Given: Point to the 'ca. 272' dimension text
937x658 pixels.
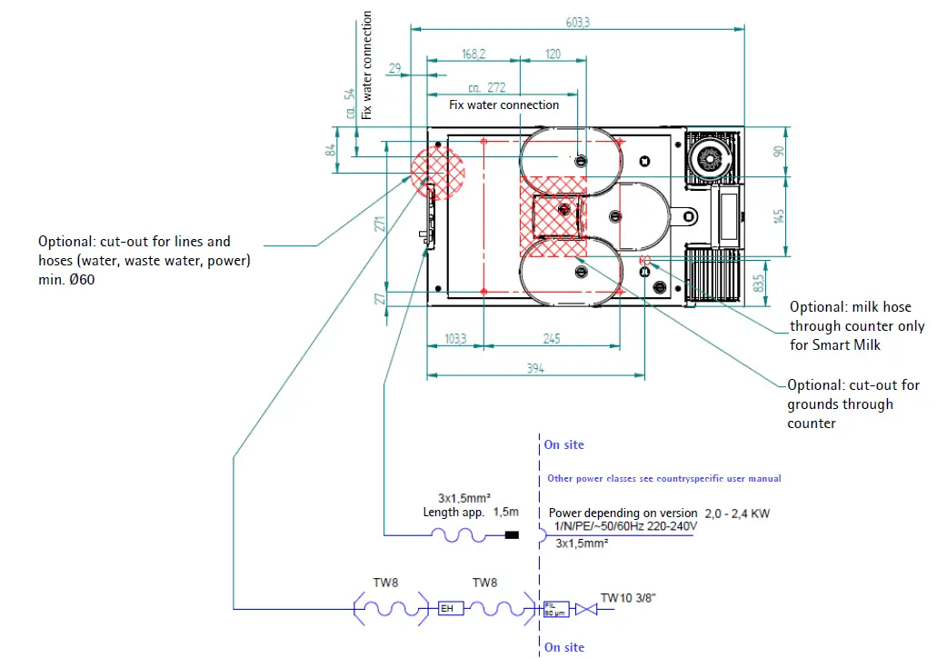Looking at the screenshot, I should [487, 88].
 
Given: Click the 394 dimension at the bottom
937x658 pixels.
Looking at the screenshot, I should [536, 367].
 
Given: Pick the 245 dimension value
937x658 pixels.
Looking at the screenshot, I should [552, 339].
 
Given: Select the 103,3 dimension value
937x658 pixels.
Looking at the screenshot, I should [454, 339].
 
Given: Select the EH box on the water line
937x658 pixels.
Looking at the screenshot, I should [448, 608].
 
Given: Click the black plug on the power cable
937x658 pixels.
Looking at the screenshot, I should [512, 535].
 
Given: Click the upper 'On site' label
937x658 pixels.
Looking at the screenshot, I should [564, 444].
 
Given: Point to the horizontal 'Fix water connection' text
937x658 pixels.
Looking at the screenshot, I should [504, 105].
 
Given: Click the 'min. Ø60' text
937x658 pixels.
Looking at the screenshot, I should [66, 280].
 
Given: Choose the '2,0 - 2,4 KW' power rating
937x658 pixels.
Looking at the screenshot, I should [736, 513].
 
